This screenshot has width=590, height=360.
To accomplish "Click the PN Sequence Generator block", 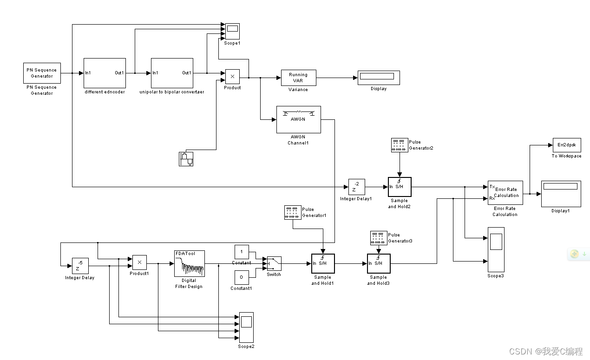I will [42, 73].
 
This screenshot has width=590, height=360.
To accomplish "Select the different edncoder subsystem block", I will [105, 73].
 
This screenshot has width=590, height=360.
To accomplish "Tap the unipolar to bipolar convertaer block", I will [172, 73].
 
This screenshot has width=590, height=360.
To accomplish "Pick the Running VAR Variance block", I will [298, 78].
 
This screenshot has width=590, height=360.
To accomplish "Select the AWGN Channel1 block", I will [298, 119].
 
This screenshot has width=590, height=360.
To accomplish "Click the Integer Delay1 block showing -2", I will [356, 187].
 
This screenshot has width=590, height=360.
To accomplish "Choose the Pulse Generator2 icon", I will [400, 145].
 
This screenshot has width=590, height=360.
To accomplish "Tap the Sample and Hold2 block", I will [400, 187].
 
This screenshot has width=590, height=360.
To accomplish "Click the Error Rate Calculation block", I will [505, 192].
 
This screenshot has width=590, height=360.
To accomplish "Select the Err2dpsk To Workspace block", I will [566, 145].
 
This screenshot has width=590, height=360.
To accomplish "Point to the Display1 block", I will [561, 193].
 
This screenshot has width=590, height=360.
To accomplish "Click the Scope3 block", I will [495, 249].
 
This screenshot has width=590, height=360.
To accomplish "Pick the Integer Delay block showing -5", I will [80, 265].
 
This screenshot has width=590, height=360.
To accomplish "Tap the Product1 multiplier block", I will [139, 262].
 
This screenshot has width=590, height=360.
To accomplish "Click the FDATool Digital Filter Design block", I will [189, 263].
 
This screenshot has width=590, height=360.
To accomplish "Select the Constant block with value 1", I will [242, 252].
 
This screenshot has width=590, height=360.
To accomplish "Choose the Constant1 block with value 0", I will [242, 277].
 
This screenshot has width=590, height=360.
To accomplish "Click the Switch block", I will [274, 263].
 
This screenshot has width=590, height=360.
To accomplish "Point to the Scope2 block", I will [246, 327].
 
